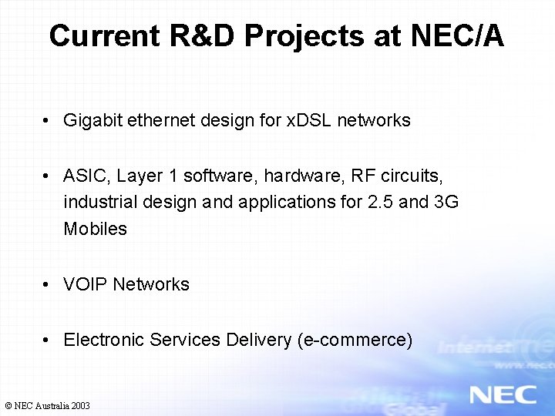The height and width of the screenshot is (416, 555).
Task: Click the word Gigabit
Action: [91, 120]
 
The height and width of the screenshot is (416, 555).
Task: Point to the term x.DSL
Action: [308, 120]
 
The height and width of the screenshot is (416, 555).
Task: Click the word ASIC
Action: [87, 176]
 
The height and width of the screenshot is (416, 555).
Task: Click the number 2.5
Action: [372, 202]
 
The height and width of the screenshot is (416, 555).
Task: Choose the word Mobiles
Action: [95, 229]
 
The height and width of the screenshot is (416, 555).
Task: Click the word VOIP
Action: [86, 284]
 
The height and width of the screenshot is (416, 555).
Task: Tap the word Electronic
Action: [104, 340]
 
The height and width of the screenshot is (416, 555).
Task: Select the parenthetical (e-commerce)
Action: [355, 340]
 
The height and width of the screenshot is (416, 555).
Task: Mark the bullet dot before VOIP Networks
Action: [48, 284]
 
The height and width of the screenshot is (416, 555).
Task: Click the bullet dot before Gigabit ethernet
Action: [48, 120]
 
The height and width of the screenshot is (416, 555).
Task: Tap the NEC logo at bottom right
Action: [503, 394]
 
